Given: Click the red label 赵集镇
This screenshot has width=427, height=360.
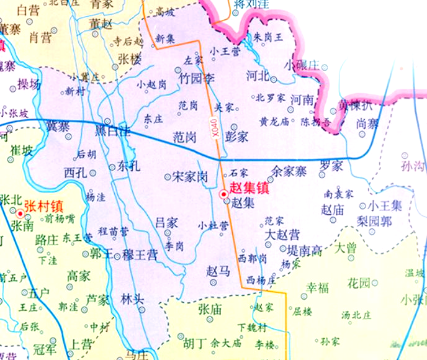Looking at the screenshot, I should (249, 188).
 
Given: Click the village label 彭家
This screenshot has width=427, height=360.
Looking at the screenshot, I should (237, 136).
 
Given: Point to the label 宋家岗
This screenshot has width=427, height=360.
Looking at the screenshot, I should (190, 176).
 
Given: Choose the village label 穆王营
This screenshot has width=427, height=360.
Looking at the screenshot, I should (140, 254).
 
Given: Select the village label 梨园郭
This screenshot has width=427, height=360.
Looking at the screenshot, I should (375, 221).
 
